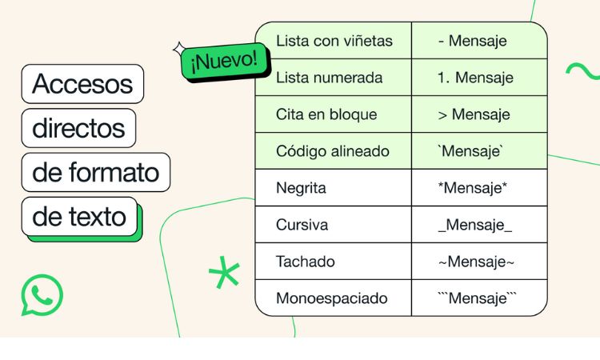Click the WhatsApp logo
point(42,295)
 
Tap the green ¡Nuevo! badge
point(226,62)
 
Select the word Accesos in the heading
point(82,84)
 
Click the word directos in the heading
point(78,128)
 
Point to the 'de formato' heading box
point(96,172)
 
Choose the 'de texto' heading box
point(79,217)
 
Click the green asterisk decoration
point(224,272)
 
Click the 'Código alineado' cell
point(333,151)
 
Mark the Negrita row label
point(301,188)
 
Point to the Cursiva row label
point(302,225)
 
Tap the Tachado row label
point(306,262)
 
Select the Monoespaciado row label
point(332,298)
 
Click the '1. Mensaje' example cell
point(475,78)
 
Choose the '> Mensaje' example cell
point(474,114)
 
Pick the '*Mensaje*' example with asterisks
point(473,188)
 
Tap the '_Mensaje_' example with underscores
point(475,225)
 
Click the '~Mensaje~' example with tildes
point(476,262)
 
